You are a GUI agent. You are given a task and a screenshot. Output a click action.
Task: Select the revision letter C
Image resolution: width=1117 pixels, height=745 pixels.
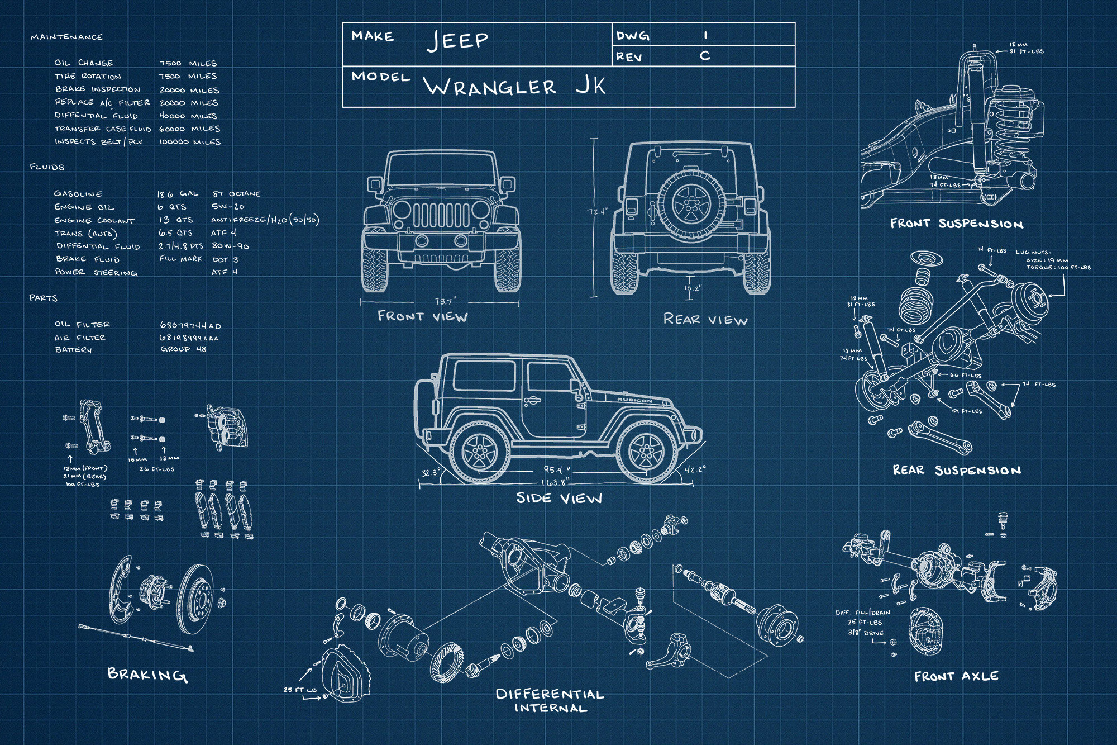click(705, 56)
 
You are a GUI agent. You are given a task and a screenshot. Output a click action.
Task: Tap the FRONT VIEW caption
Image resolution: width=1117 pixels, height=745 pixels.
click(423, 317)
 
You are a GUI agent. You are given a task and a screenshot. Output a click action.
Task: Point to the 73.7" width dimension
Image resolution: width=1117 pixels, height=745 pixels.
click(445, 301)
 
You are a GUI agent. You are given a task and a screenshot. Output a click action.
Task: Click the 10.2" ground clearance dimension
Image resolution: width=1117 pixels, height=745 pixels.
click(693, 289)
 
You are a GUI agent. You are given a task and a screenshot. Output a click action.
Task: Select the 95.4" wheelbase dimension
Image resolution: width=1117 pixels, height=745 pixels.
click(557, 470)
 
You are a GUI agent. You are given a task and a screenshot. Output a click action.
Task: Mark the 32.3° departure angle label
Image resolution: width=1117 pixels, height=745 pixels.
click(431, 473)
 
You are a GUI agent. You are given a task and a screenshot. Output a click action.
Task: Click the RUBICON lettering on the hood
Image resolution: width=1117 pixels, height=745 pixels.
click(634, 400)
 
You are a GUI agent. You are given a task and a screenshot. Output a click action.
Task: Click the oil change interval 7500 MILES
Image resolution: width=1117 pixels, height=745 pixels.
click(188, 63)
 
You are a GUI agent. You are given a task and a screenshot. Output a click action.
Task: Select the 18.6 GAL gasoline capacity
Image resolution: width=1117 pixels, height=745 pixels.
click(177, 194)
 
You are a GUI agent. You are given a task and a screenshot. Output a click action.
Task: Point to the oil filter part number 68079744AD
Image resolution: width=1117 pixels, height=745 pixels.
click(190, 325)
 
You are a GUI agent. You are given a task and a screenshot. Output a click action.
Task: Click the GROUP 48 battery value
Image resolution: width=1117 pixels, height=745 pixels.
click(183, 349)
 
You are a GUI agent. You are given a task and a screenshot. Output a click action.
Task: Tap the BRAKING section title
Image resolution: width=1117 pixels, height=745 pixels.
click(147, 675)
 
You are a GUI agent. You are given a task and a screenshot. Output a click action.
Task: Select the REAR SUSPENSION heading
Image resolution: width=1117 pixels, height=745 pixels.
click(957, 471)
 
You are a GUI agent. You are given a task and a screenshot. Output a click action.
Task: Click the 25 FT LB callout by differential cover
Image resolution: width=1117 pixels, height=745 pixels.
click(300, 690)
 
